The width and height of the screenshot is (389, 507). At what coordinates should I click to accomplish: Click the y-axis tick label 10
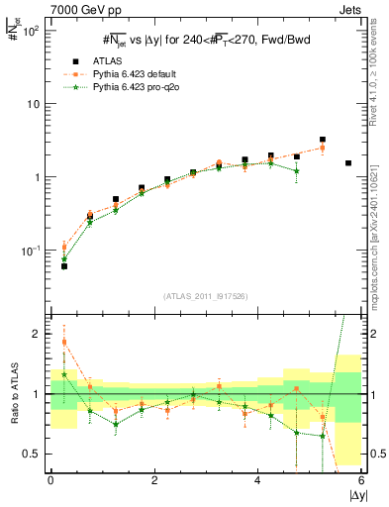pyautogui.click(x=35, y=104)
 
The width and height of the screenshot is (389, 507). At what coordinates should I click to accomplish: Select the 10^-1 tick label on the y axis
pyautogui.click(x=32, y=251)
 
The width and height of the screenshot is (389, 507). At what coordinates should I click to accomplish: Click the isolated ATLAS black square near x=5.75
pyautogui.click(x=348, y=162)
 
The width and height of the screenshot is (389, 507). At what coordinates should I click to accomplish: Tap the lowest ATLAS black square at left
pyautogui.click(x=64, y=266)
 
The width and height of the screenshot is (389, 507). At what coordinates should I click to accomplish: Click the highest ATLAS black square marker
pyautogui.click(x=323, y=141)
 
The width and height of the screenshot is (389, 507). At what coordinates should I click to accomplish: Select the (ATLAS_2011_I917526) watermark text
pyautogui.click(x=206, y=296)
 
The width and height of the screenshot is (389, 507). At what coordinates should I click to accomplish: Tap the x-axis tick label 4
pyautogui.click(x=257, y=479)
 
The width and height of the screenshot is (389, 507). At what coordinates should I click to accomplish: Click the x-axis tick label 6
pyautogui.click(x=361, y=479)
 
